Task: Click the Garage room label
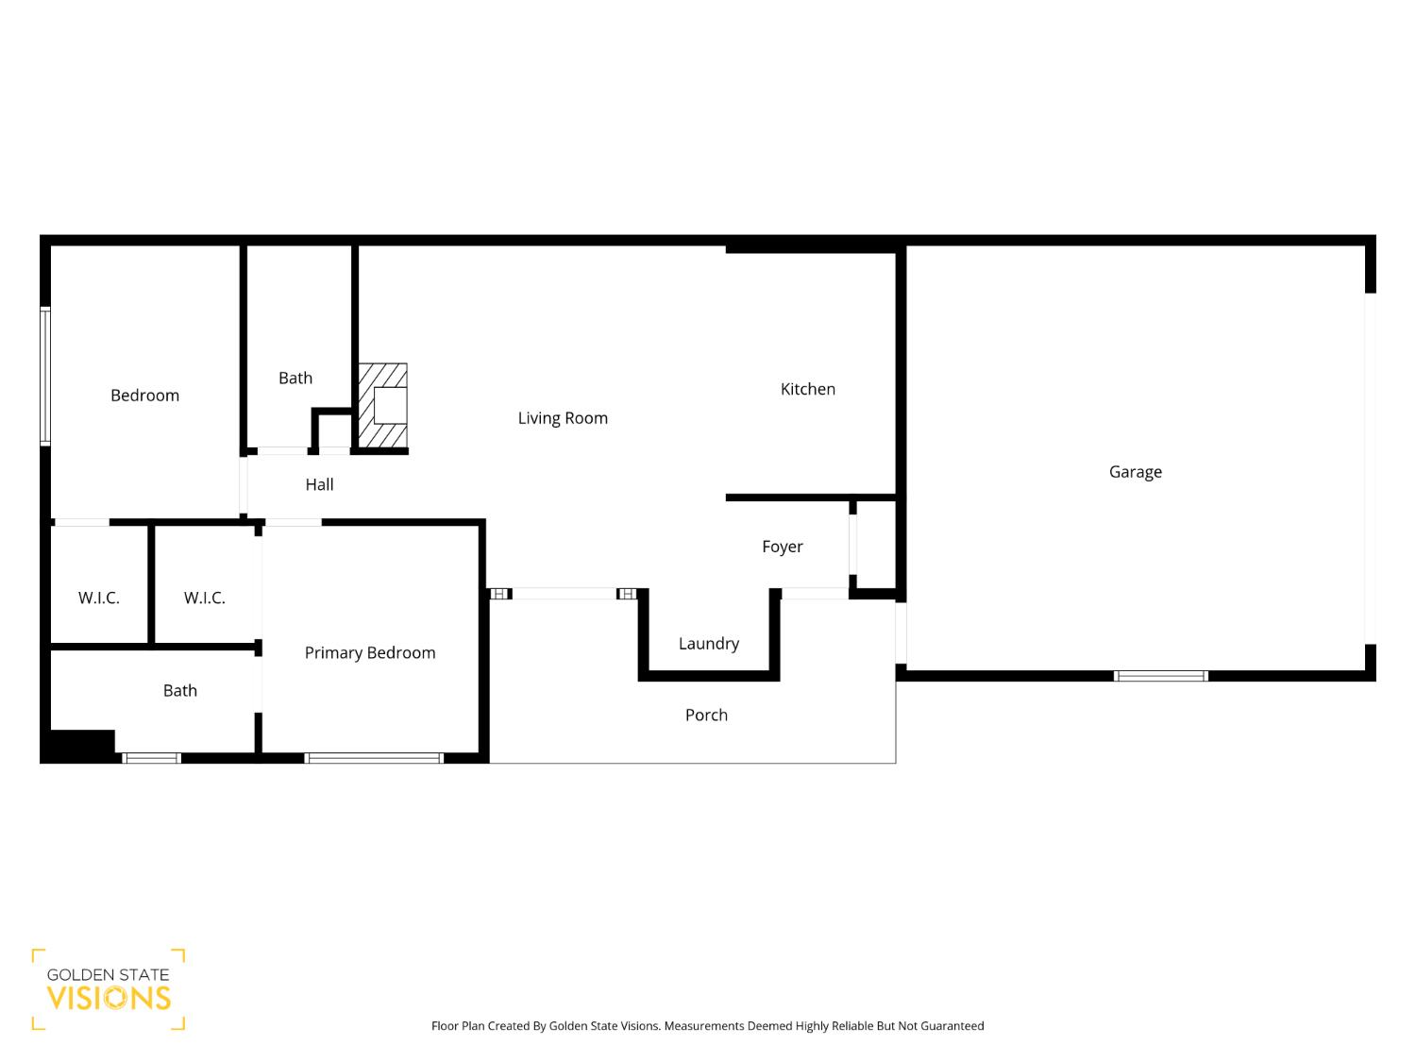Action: click(x=1135, y=472)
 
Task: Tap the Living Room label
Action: click(x=563, y=418)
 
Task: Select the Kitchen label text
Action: click(x=807, y=389)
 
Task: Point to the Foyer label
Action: click(x=782, y=547)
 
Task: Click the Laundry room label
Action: click(x=708, y=644)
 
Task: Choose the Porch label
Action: click(x=706, y=716)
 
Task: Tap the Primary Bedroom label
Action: click(x=370, y=653)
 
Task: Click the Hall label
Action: click(x=319, y=485)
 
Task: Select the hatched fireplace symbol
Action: click(x=383, y=406)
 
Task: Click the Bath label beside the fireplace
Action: click(x=295, y=378)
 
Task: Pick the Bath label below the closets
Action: click(x=179, y=691)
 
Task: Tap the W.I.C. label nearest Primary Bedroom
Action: click(x=204, y=598)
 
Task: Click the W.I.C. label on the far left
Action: click(x=98, y=598)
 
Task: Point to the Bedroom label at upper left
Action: click(x=144, y=396)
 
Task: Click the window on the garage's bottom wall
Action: click(x=1160, y=676)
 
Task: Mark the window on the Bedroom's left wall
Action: click(x=44, y=376)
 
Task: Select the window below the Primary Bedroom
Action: click(x=374, y=758)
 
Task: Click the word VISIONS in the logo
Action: click(x=109, y=999)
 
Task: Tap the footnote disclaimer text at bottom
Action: click(x=707, y=1026)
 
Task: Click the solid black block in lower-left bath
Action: click(x=81, y=744)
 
